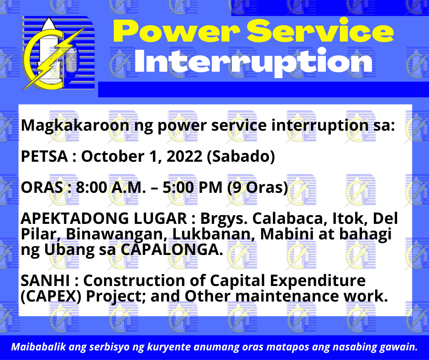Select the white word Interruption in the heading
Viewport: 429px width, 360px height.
coord(253,63)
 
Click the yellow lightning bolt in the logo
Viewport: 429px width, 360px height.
coord(54,58)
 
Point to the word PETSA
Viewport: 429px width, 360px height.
coord(44,156)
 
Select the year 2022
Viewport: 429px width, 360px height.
coord(184,156)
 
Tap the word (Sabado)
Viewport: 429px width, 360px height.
coord(241,156)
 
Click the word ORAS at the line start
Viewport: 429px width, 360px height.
coord(42,188)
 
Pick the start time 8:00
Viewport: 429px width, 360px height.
coord(91,188)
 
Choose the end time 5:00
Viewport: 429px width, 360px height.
coord(178,188)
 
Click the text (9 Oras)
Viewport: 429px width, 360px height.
coord(258,188)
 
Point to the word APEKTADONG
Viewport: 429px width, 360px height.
coord(75,219)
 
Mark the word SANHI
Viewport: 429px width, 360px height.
coord(46,281)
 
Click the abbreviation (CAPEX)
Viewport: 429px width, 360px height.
coord(51,296)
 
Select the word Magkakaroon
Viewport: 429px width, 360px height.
coord(75,126)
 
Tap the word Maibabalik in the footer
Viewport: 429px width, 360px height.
coord(39,347)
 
